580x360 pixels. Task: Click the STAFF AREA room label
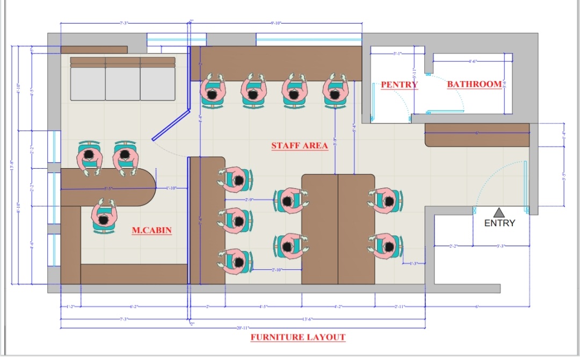click(299, 146)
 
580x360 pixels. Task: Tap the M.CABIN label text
click(151, 231)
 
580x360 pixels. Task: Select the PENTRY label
click(399, 85)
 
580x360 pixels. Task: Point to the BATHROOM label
click(474, 84)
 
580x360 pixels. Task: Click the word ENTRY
click(499, 223)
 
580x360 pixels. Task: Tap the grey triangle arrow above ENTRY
click(499, 212)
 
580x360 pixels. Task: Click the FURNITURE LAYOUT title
click(298, 337)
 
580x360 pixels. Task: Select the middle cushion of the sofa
click(122, 83)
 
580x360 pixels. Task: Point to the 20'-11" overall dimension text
click(243, 327)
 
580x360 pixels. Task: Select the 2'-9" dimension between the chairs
click(250, 200)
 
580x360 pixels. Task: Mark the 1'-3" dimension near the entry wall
click(414, 263)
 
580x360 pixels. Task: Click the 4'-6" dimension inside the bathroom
click(473, 61)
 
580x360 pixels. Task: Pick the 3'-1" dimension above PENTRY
click(398, 54)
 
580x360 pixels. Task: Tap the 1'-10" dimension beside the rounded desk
click(171, 188)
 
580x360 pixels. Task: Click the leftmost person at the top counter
click(213, 90)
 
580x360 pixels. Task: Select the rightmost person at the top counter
click(335, 90)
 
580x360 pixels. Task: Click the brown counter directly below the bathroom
click(477, 135)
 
